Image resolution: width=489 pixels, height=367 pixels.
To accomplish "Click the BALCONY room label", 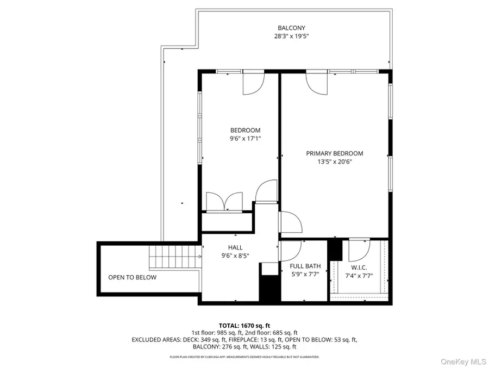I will (x=291, y=28).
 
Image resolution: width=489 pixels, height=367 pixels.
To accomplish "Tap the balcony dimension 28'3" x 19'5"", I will (x=291, y=36).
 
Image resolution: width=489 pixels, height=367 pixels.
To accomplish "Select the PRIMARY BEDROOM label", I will (x=334, y=153).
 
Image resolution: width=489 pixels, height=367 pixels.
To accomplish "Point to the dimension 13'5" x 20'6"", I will (x=334, y=161).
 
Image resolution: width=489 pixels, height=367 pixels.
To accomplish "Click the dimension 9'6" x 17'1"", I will (x=245, y=139).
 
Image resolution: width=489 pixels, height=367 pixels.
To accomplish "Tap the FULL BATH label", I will (x=305, y=266).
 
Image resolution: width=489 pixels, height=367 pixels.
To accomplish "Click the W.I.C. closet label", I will (x=359, y=267).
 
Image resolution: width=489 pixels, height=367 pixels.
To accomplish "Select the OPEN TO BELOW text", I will (x=132, y=277).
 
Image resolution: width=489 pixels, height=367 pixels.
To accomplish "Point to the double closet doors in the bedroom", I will (x=224, y=201).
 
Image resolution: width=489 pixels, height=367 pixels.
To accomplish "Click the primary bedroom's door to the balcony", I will (x=317, y=83).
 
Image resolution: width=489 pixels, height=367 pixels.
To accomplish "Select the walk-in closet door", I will (x=358, y=250).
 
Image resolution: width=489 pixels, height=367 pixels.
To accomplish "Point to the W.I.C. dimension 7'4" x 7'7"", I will (x=359, y=276).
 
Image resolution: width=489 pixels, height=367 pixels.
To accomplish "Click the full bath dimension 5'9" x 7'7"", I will (x=305, y=275).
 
